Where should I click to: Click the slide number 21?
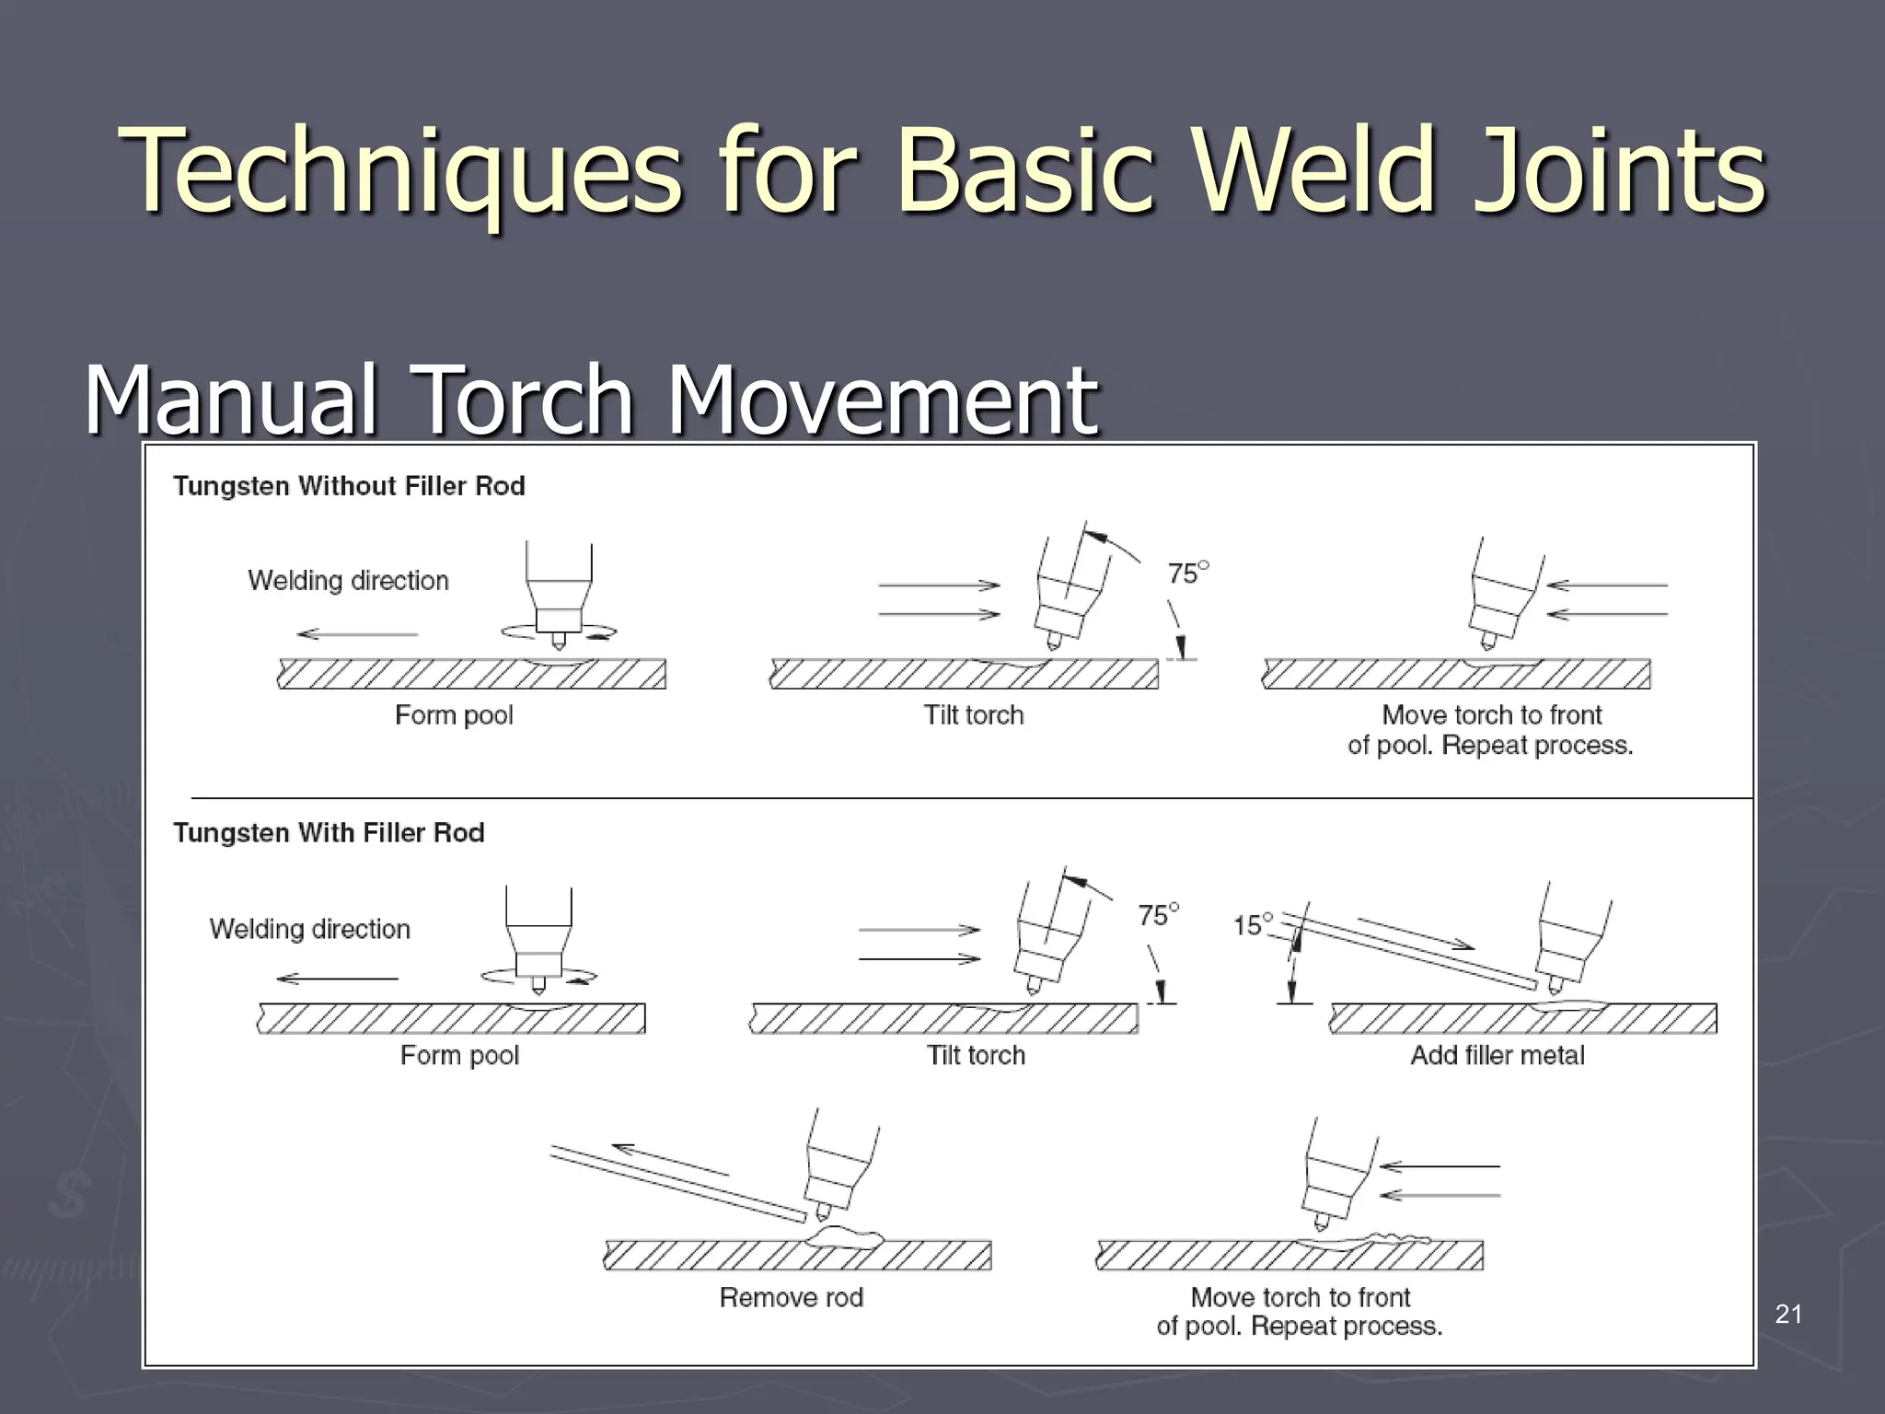[x=1788, y=1315]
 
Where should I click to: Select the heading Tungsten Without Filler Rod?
[x=349, y=486]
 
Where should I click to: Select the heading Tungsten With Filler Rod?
[x=329, y=833]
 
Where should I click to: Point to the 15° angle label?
[x=1252, y=924]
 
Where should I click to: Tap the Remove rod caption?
[x=791, y=1297]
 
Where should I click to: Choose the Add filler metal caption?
[x=1497, y=1055]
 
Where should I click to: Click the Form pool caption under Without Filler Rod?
[x=454, y=715]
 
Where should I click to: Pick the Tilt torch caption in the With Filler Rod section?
[x=976, y=1055]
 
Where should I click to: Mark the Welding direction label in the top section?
[x=348, y=581]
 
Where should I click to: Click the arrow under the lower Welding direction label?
[x=337, y=979]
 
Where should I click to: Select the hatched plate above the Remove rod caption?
[x=797, y=1256]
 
